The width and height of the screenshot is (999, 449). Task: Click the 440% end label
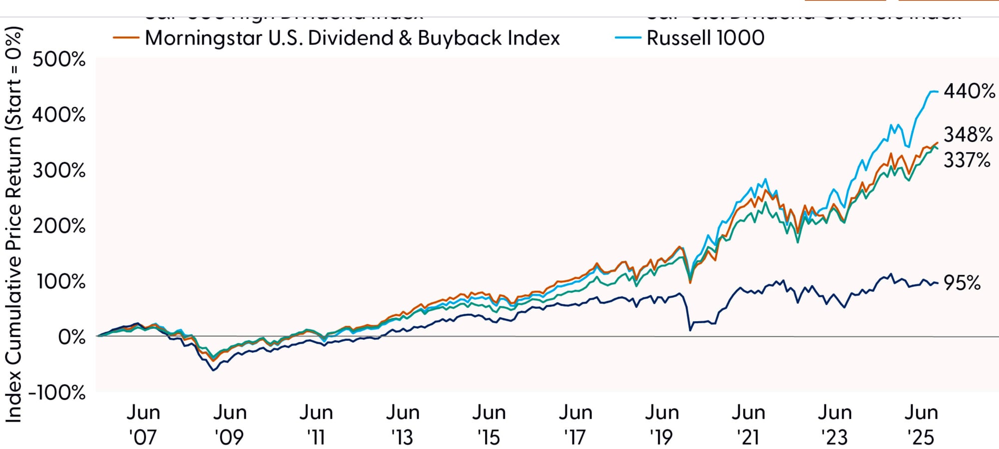pos(969,91)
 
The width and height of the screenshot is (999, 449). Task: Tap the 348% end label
pos(968,135)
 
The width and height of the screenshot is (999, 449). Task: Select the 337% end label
pos(967,161)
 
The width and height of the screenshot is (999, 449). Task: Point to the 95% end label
pos(962,283)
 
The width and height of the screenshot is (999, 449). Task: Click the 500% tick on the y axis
pos(59,60)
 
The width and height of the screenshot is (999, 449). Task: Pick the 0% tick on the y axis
pos(71,337)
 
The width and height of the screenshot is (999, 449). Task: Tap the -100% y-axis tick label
pos(57,393)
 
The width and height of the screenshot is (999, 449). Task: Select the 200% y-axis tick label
pos(59,226)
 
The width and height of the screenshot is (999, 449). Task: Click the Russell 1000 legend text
pos(705,38)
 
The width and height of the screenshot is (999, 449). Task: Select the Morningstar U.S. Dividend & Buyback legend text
pos(352,38)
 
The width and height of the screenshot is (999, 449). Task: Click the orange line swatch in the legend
pos(126,37)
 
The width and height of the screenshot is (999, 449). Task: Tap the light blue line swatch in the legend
pos(628,37)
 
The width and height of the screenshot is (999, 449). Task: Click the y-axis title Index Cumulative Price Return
pos(13,224)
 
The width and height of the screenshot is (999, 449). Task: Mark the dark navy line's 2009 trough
pos(213,370)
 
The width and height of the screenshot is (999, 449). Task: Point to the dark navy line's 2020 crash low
pos(690,330)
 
